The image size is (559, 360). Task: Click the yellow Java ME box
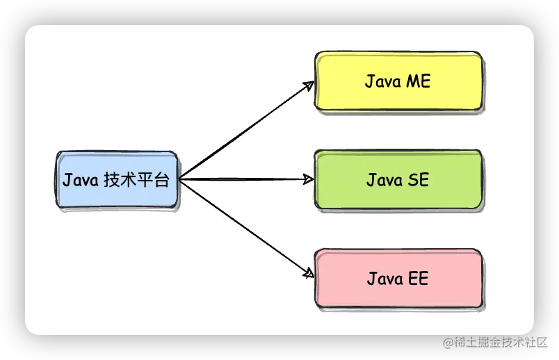click(398, 81)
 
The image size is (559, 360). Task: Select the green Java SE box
click(398, 180)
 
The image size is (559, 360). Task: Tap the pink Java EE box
click(398, 279)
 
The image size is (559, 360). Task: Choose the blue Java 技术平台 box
click(116, 180)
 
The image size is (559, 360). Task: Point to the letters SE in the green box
click(417, 181)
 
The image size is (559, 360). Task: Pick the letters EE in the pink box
click(417, 279)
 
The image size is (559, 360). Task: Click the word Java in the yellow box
click(382, 82)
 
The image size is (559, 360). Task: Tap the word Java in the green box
click(384, 181)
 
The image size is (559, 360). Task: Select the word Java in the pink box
click(384, 279)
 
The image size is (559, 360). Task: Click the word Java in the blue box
click(80, 181)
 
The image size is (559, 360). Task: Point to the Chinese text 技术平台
click(136, 181)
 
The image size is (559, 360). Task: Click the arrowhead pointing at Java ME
click(311, 85)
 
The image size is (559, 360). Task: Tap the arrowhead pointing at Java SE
click(309, 179)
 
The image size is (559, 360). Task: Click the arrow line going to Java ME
click(243, 132)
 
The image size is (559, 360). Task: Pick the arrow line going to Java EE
click(243, 227)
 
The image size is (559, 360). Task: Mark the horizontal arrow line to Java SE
click(243, 179)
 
